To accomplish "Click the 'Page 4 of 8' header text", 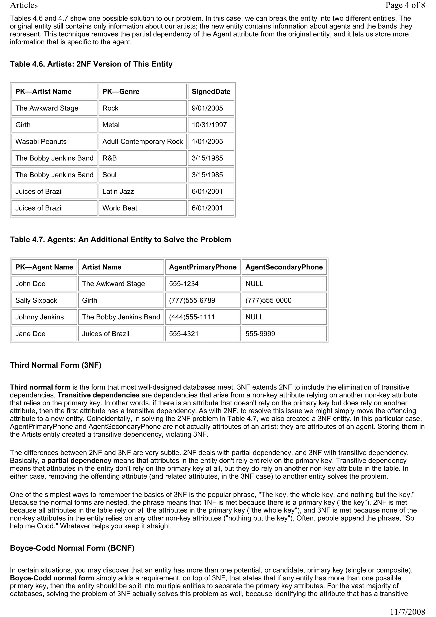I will [x=405, y=5].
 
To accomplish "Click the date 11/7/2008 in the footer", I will [x=407, y=612].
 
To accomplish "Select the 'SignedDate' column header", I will [x=211, y=92].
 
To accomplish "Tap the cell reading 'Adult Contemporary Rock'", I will [x=142, y=142].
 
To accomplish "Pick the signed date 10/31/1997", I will [x=209, y=125].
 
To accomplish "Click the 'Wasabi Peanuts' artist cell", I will [x=41, y=142].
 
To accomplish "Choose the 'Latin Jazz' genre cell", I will [x=118, y=192].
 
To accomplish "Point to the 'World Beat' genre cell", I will [x=120, y=208].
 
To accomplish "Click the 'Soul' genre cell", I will [x=109, y=175].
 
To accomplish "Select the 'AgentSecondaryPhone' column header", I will [x=284, y=267].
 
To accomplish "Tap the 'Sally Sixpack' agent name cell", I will [x=36, y=300].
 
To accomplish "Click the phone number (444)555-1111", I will [x=192, y=317].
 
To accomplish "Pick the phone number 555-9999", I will [x=260, y=334].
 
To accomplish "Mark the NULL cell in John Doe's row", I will [x=254, y=284].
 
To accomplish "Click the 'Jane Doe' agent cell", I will [x=30, y=334].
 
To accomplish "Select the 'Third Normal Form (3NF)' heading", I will [x=56, y=365].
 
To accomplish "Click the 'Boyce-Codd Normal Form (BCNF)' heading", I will [x=72, y=548].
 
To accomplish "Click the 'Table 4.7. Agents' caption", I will [x=120, y=240].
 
